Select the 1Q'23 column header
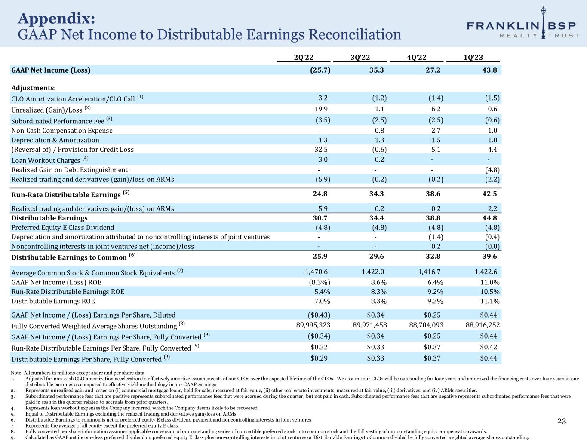tap(473, 58)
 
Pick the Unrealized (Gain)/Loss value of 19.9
tap(322, 109)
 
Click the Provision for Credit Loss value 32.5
tap(322, 150)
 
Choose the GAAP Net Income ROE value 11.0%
tap(490, 282)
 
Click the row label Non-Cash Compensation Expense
tap(62, 131)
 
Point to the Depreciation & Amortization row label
tap(55, 140)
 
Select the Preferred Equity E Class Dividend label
tap(63, 227)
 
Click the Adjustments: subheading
tap(34, 88)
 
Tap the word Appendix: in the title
tap(56, 19)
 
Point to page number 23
tap(562, 421)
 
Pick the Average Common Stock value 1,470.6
tap(316, 272)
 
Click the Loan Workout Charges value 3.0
tap(323, 159)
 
